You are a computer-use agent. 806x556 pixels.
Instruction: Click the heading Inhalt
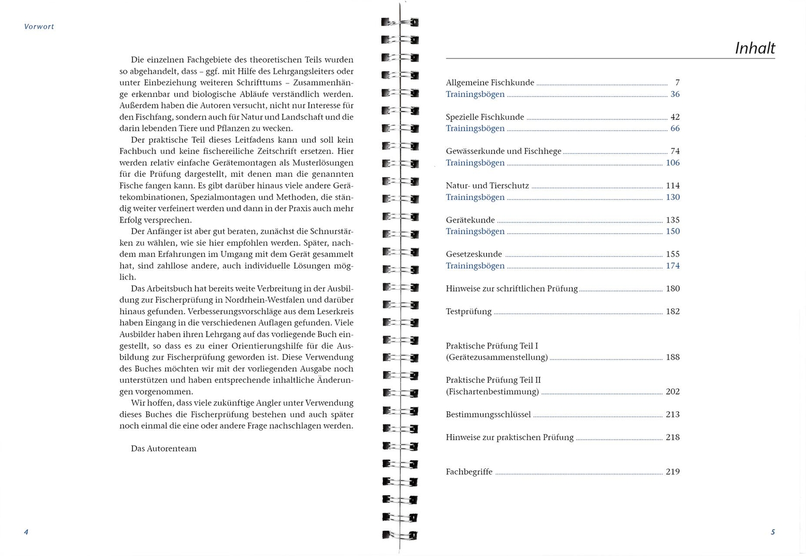pyautogui.click(x=755, y=48)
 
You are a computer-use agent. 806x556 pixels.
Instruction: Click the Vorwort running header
pyautogui.click(x=39, y=27)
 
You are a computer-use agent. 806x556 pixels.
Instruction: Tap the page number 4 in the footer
pyautogui.click(x=26, y=532)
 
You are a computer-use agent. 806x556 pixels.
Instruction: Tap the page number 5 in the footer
pyautogui.click(x=773, y=532)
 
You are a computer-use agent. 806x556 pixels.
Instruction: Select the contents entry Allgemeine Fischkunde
pyautogui.click(x=490, y=83)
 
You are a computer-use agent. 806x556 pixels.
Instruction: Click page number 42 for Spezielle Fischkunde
pyautogui.click(x=675, y=117)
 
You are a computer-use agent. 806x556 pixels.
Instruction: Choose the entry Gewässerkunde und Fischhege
pyautogui.click(x=503, y=151)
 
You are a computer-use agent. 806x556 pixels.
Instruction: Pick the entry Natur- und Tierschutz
pyautogui.click(x=487, y=186)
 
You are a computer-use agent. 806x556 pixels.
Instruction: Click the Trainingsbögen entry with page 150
pyautogui.click(x=475, y=231)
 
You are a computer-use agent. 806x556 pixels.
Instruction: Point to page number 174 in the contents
pyautogui.click(x=673, y=265)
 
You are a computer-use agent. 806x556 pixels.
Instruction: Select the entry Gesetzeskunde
pyautogui.click(x=474, y=254)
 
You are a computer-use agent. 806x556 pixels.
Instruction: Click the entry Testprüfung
pyautogui.click(x=468, y=311)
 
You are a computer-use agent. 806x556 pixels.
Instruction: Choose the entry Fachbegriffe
pyautogui.click(x=469, y=472)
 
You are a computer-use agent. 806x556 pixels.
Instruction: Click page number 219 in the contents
pyautogui.click(x=673, y=472)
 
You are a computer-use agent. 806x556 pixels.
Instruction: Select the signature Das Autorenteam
pyautogui.click(x=164, y=449)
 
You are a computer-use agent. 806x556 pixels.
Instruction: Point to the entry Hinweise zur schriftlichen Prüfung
pyautogui.click(x=511, y=289)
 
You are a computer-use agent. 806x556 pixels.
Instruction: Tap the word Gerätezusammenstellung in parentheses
pyautogui.click(x=497, y=357)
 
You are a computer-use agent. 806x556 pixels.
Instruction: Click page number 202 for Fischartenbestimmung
pyautogui.click(x=673, y=391)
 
